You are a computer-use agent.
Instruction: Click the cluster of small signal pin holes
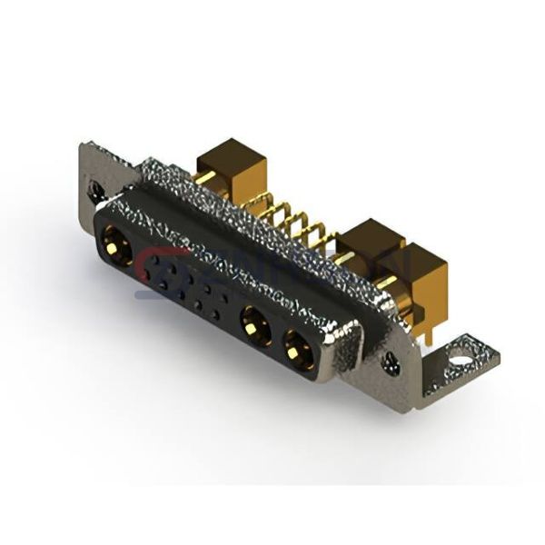click(x=186, y=286)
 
